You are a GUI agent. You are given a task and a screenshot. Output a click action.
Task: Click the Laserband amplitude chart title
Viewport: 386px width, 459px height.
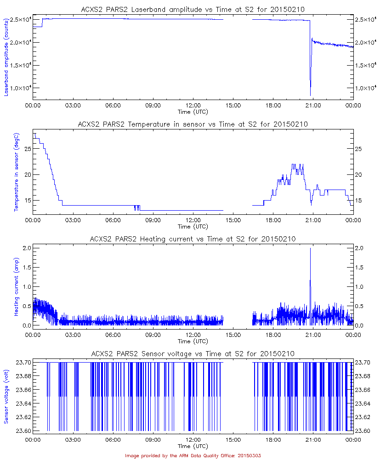[x=193, y=10]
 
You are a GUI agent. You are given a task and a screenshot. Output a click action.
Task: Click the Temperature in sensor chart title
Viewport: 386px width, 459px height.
[x=193, y=124]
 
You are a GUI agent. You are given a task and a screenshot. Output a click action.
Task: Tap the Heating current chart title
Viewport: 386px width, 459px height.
[x=193, y=239]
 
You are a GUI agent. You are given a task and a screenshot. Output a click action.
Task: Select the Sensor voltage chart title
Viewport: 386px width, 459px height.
[x=193, y=353]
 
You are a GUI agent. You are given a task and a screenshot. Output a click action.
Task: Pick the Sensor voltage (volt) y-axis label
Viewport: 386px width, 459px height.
[x=7, y=397]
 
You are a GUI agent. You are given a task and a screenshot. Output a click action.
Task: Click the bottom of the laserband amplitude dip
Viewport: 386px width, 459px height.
[x=310, y=95]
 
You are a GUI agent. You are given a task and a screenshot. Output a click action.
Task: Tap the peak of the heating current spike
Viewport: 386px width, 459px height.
[x=310, y=248]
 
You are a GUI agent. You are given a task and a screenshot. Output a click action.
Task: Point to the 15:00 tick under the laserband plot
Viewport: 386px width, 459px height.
[x=233, y=106]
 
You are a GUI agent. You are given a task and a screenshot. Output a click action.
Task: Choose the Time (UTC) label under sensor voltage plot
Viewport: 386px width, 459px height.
[x=193, y=446]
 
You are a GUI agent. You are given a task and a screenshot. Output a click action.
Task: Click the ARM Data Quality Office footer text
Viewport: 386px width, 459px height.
[x=193, y=455]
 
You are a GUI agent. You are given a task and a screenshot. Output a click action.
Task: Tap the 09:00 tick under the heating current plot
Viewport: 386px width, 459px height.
[x=153, y=335]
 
